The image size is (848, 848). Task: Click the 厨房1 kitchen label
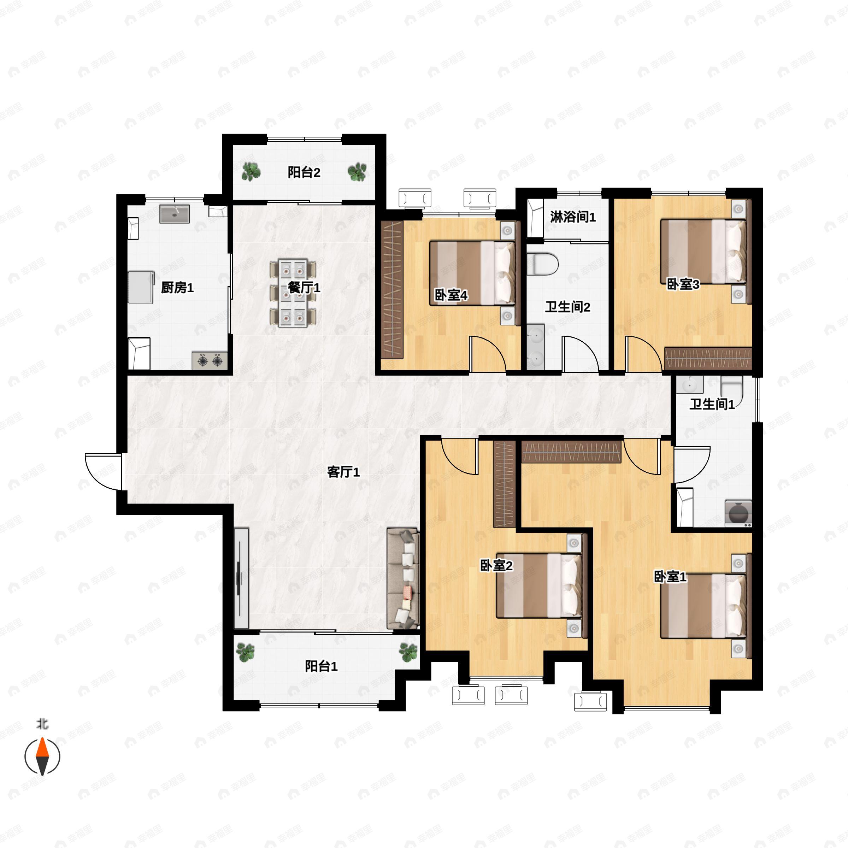click(x=177, y=288)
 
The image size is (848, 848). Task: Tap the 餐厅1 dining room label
click(x=304, y=288)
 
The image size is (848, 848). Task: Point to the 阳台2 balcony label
click(x=304, y=172)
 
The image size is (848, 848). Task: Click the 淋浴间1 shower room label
click(x=573, y=217)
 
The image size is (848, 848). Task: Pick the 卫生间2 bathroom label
click(x=567, y=307)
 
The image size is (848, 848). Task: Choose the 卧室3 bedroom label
click(x=683, y=284)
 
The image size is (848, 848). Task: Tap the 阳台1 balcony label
click(x=321, y=667)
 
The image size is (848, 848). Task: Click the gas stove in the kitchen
click(x=210, y=361)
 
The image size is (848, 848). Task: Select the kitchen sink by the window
click(x=174, y=214)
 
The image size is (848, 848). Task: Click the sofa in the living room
click(x=403, y=579)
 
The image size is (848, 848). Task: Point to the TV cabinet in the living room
click(x=241, y=578)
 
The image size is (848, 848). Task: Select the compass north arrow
click(x=42, y=756)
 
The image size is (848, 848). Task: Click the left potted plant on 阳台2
click(x=251, y=172)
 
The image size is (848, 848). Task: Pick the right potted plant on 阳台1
click(x=408, y=653)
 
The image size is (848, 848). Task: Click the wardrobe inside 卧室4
click(x=393, y=290)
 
